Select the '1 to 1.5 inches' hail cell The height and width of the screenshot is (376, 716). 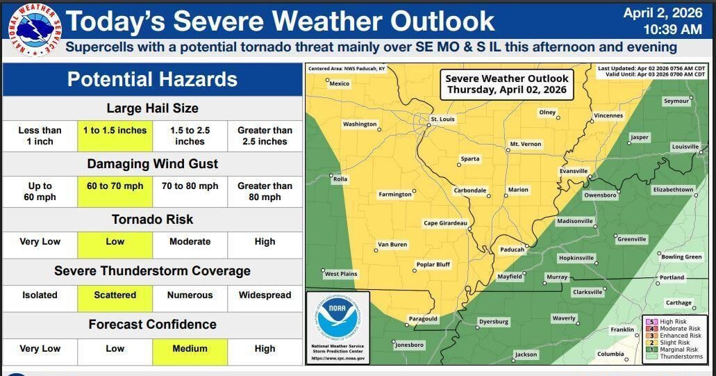(x=115, y=136)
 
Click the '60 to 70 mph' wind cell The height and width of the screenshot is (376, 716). (x=115, y=191)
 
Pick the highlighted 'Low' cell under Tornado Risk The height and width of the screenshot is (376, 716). (x=115, y=242)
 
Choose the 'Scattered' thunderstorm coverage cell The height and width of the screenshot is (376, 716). (x=115, y=295)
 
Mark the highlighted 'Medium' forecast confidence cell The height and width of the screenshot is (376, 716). (x=190, y=349)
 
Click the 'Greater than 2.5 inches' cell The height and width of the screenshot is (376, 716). (x=265, y=136)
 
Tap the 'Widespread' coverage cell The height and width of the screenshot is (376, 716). (x=265, y=295)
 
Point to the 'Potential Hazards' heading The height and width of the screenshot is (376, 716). (x=152, y=79)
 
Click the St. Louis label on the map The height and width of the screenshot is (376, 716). (x=442, y=120)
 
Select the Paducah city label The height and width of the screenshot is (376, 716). (x=511, y=249)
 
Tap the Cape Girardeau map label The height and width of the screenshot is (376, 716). (x=445, y=223)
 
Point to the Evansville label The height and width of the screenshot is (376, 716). (x=574, y=171)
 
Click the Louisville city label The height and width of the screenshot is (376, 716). (x=685, y=147)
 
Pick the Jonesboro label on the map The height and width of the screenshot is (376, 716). (x=408, y=345)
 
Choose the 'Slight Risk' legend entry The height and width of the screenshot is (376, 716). (x=674, y=343)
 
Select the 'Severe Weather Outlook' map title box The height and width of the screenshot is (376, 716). (x=506, y=84)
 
